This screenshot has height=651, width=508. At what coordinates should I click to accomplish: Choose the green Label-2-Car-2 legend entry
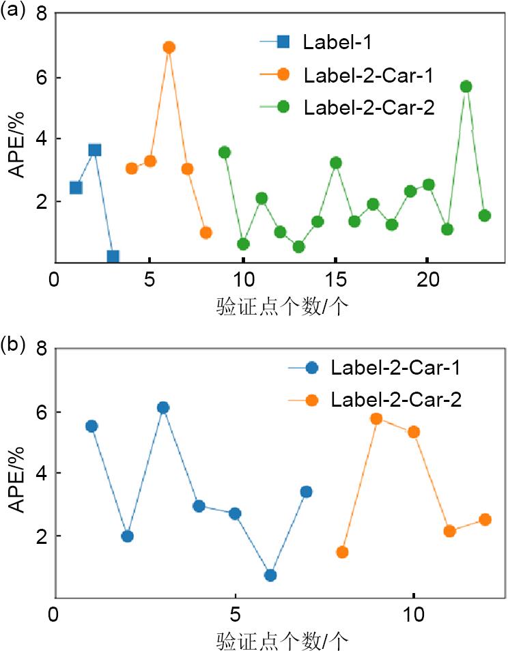(369, 106)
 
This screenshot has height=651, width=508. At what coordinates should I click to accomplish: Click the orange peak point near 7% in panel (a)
(169, 47)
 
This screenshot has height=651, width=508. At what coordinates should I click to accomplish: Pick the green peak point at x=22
(466, 87)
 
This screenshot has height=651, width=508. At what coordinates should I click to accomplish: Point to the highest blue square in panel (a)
(95, 149)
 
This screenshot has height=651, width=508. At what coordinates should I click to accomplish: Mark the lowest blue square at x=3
(113, 257)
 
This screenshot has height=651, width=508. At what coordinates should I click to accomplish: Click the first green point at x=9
(225, 152)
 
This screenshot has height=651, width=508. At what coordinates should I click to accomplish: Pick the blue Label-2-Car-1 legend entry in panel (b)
(395, 368)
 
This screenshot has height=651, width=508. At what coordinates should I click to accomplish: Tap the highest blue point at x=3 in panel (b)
(163, 407)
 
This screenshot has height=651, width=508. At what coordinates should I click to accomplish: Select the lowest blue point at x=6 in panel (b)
(270, 575)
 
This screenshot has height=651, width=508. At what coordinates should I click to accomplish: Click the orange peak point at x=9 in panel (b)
(376, 418)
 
